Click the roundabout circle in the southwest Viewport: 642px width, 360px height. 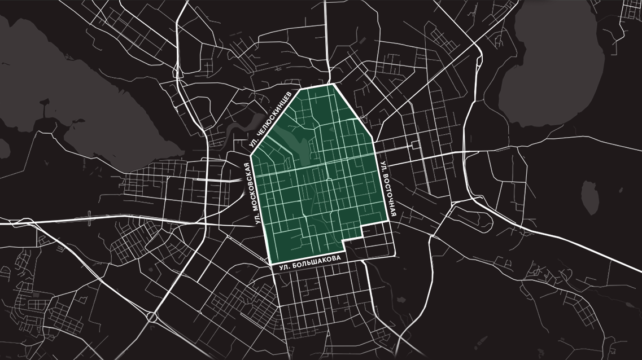click(x=151, y=317)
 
